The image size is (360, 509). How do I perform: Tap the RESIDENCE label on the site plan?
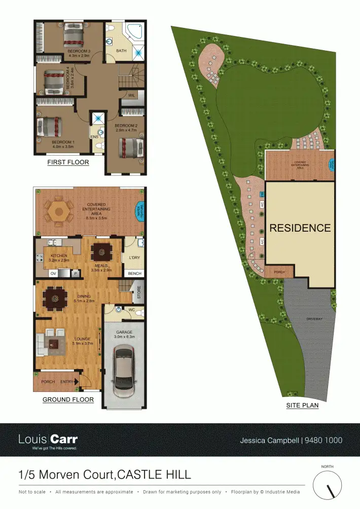click(300, 228)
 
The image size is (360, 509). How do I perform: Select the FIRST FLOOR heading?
click(68, 163)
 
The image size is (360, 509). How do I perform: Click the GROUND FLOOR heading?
click(68, 399)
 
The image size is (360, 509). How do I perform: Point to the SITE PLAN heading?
click(303, 406)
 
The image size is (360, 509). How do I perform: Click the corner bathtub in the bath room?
click(135, 31)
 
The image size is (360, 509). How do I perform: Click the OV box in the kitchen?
click(53, 273)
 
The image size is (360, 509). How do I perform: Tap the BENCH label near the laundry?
click(135, 273)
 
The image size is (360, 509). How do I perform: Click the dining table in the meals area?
click(103, 250)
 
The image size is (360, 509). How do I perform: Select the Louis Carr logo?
click(48, 440)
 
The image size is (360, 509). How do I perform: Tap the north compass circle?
click(328, 485)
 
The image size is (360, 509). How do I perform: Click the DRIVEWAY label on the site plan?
click(314, 318)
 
